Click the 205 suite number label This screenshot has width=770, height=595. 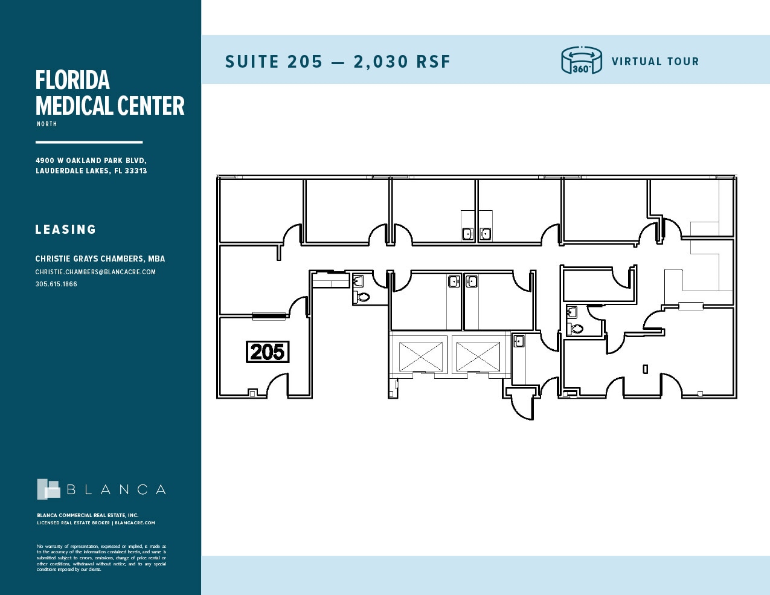click(x=268, y=352)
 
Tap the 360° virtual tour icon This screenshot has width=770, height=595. click(x=581, y=60)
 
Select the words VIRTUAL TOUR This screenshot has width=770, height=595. click(x=655, y=62)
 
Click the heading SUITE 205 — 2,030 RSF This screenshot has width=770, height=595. click(x=338, y=62)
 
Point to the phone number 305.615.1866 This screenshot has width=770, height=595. click(x=56, y=284)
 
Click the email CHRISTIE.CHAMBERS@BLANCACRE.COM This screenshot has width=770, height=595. click(x=95, y=272)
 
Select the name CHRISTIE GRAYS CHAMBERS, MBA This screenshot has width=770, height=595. click(x=100, y=259)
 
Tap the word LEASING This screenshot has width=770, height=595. click(x=66, y=230)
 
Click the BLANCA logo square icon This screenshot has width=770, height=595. click(x=48, y=489)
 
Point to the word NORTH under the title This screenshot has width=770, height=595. click(x=47, y=124)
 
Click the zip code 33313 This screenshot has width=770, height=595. click(x=136, y=171)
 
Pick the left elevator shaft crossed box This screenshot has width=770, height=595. click(x=421, y=356)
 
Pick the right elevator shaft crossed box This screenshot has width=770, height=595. click(x=478, y=356)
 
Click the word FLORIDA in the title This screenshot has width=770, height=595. click(x=72, y=80)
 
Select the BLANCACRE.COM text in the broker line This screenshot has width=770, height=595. click(x=135, y=523)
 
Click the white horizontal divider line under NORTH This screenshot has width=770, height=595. click(x=89, y=142)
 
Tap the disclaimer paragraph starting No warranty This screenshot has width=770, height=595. click(x=101, y=558)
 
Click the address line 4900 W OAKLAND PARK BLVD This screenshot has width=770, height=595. click(x=91, y=161)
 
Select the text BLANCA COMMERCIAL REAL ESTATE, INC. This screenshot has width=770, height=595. click(x=88, y=515)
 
